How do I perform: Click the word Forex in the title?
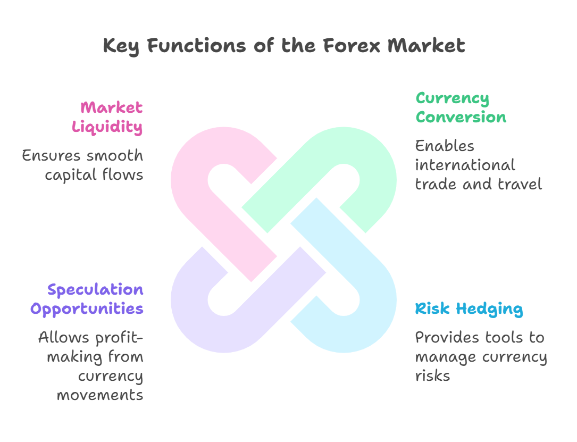click(352, 46)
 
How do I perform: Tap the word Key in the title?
click(121, 46)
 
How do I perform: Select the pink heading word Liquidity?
click(107, 127)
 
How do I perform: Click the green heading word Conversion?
click(461, 117)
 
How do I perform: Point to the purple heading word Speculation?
click(95, 290)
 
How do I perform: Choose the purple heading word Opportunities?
click(87, 309)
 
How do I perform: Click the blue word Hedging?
click(489, 309)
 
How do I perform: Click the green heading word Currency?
click(453, 98)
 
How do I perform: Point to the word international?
click(465, 165)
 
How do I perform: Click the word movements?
click(100, 395)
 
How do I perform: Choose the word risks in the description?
click(432, 376)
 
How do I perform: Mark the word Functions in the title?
click(197, 46)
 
